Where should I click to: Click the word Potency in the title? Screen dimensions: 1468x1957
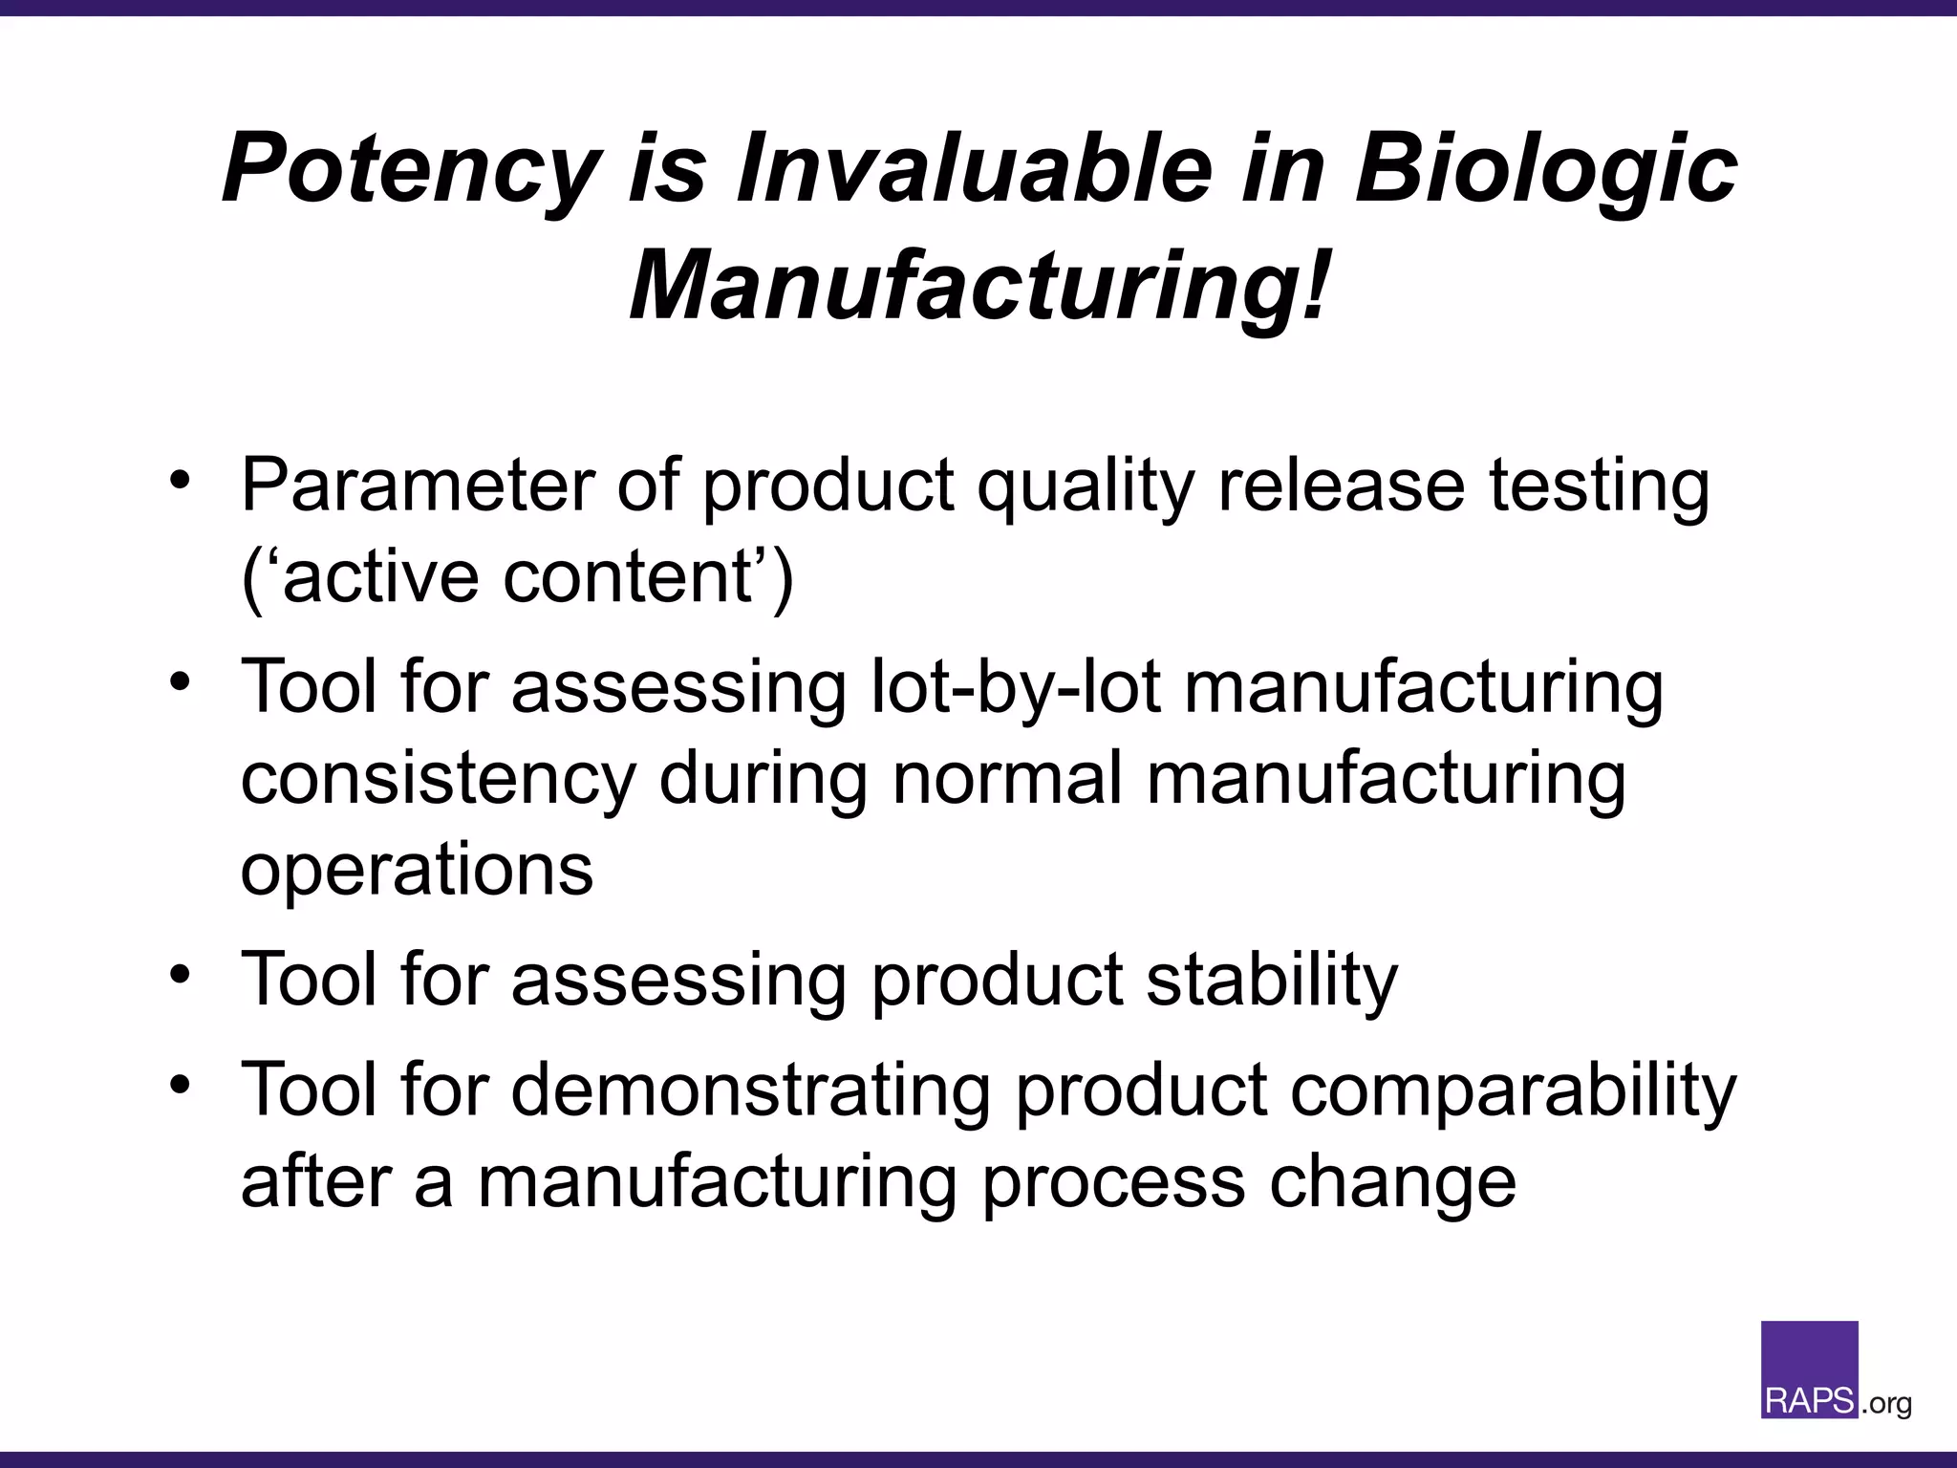click(x=411, y=169)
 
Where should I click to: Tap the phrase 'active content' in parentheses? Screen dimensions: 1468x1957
click(x=517, y=578)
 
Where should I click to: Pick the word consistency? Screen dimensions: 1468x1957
click(x=438, y=779)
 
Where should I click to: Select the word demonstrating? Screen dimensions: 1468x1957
click(x=750, y=1090)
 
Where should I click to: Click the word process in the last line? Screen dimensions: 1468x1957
click(x=1113, y=1183)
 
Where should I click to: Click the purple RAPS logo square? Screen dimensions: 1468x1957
click(x=1809, y=1369)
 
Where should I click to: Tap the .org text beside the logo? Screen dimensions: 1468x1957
click(x=1886, y=1404)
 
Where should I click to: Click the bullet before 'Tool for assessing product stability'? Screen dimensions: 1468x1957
click(x=181, y=976)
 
